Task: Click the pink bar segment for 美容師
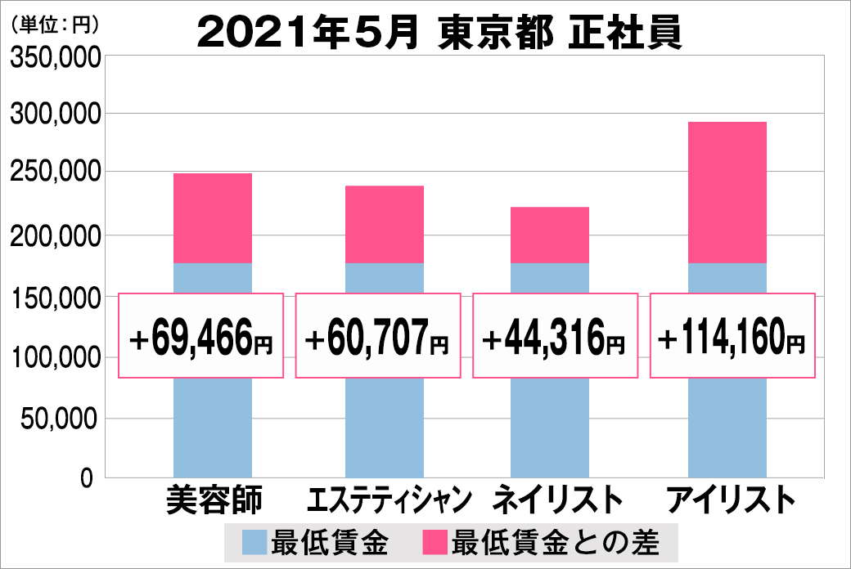click(213, 217)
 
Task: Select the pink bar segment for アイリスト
click(727, 192)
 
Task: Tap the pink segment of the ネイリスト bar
click(550, 235)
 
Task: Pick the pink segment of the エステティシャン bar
click(384, 224)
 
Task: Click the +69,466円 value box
click(201, 336)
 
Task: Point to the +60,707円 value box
click(377, 336)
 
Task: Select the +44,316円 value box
click(556, 336)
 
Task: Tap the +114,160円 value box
click(732, 336)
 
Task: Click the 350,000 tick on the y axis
click(55, 57)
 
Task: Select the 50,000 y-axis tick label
click(60, 419)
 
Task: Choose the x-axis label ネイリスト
click(551, 500)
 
